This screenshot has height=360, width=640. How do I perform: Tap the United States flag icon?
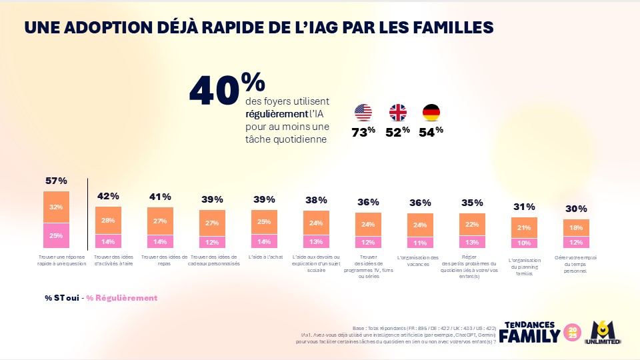tap(363, 112)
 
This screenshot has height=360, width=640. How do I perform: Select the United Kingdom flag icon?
tap(397, 112)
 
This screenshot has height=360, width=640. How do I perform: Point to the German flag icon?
tap(431, 112)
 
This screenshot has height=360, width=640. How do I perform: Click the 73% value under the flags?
tap(363, 131)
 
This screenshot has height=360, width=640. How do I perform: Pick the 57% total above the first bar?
tap(56, 181)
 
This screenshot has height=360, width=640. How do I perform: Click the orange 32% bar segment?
tap(56, 207)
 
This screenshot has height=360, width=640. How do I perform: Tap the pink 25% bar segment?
tap(56, 235)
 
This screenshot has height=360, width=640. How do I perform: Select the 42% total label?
tap(108, 196)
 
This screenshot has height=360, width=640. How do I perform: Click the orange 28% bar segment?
tap(108, 220)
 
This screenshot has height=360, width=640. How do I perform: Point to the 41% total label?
tap(160, 197)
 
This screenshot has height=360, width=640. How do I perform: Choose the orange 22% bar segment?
tap(472, 225)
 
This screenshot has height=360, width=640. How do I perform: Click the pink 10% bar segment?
tap(524, 242)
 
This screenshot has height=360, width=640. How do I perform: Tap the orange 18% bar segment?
tap(576, 227)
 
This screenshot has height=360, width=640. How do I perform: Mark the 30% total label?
tap(576, 209)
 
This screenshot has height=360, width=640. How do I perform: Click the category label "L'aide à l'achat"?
tap(264, 257)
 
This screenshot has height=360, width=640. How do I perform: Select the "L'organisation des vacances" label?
tap(420, 261)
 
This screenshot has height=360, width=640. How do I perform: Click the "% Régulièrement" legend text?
tap(122, 297)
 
